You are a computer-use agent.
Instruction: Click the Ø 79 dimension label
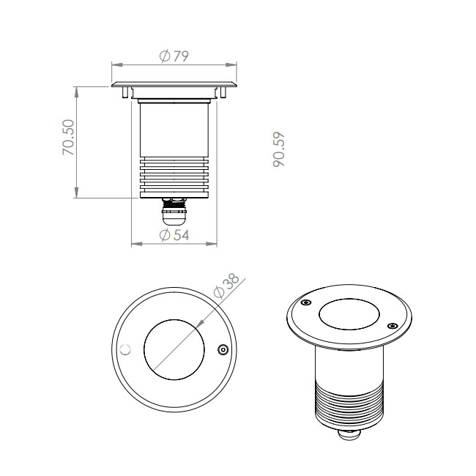(x=174, y=56)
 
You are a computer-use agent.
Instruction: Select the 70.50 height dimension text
(x=68, y=137)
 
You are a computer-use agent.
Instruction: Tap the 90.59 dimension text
(x=279, y=149)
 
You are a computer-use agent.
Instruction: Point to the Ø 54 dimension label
(x=174, y=235)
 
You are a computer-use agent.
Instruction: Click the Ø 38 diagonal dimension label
(x=227, y=286)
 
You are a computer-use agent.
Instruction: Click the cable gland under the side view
(x=174, y=212)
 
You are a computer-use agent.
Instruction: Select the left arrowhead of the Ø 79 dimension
(x=117, y=64)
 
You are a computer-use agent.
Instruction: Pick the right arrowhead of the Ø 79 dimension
(x=231, y=64)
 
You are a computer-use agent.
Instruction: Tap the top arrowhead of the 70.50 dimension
(x=76, y=92)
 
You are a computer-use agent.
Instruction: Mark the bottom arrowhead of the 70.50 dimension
(x=76, y=193)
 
